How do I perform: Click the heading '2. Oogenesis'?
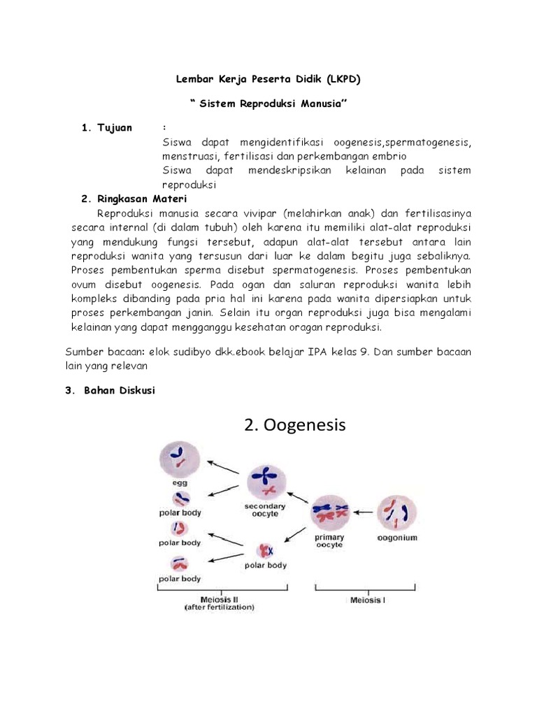coord(295,424)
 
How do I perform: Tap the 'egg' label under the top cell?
coord(180,482)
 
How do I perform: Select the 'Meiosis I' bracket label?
coord(368,600)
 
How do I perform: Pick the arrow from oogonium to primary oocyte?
coord(364,513)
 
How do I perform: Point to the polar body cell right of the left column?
coord(265,549)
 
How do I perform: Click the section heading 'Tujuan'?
coord(114,127)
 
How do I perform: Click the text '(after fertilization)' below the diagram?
coord(220,608)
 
